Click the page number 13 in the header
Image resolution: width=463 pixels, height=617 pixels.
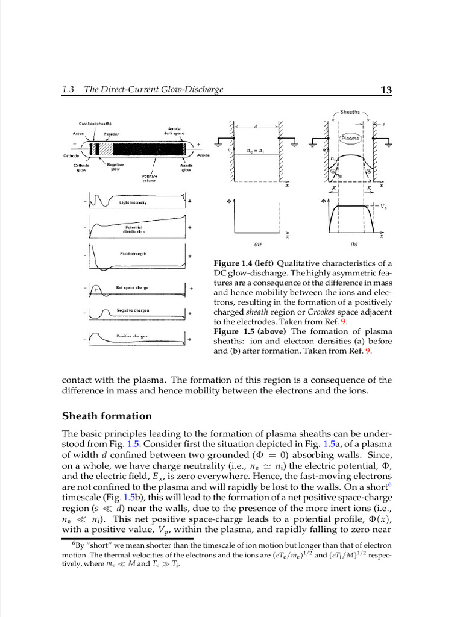coord(386,90)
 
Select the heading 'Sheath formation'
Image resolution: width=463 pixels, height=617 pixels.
coord(107,416)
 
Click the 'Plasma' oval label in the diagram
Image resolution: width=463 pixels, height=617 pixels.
coord(350,138)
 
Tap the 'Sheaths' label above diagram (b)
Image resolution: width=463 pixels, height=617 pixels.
coord(350,112)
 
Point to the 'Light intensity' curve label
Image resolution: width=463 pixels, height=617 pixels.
coord(133,203)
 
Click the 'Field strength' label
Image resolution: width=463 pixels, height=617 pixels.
coord(133,254)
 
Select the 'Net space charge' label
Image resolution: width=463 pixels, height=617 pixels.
coord(133,287)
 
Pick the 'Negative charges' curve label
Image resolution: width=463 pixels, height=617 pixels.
coord(133,310)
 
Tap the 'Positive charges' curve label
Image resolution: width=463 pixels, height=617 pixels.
coord(133,336)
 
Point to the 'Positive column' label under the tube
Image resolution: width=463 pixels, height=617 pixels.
coord(150,178)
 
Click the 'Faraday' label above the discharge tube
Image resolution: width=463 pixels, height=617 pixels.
coord(111,133)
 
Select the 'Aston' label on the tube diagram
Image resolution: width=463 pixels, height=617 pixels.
coord(78,133)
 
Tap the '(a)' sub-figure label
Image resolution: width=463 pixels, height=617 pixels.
coord(257,245)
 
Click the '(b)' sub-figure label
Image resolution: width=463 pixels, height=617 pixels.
coord(354,245)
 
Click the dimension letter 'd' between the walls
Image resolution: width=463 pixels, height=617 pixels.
coord(255,126)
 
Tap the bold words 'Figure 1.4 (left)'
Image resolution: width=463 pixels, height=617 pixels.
coord(244,263)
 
